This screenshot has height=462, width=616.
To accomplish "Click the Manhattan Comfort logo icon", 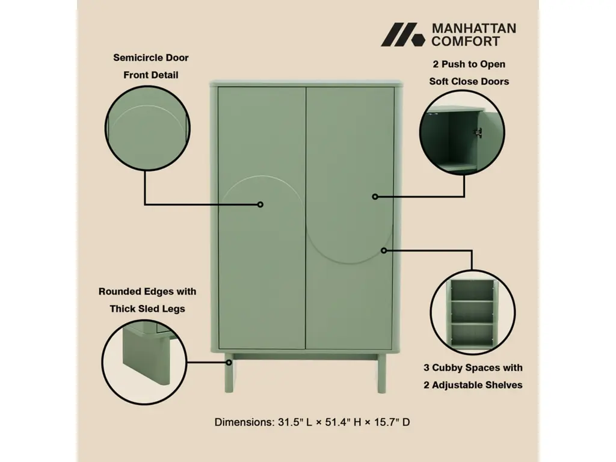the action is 403,34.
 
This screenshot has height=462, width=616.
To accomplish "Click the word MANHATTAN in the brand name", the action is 474,28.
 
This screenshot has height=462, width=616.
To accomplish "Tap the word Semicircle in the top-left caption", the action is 132,58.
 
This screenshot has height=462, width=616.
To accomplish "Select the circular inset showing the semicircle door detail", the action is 148,128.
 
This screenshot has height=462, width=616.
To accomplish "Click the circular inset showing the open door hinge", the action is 462,132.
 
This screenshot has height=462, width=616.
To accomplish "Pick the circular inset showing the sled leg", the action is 144,362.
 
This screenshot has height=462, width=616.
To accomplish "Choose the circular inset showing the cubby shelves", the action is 473,312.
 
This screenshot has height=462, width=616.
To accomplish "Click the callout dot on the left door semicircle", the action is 260,205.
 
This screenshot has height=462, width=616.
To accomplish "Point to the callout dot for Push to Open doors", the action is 375,197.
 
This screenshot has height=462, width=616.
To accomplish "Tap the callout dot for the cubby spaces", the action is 384,250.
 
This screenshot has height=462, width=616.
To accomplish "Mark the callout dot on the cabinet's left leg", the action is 229,363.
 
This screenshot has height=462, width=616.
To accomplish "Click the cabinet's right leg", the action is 381,373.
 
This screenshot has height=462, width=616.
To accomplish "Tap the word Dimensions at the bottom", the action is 244,422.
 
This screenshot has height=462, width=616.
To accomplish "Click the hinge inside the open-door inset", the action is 478,133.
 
